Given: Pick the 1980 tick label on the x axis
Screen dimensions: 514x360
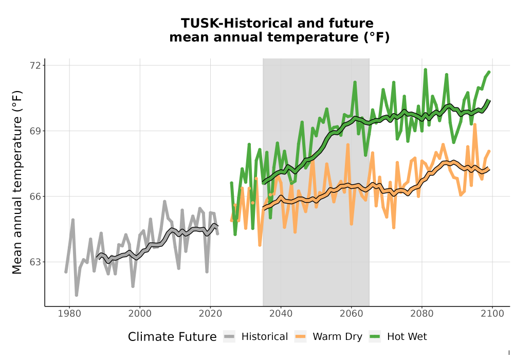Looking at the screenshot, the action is pos(69,314).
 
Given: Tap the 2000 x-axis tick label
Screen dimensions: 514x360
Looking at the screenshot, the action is pos(140,314).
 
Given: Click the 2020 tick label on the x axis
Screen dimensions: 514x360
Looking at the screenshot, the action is pos(210,314).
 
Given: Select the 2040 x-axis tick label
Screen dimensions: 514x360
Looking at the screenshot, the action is pos(281,314).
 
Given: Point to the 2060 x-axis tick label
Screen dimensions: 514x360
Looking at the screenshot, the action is pos(352,314).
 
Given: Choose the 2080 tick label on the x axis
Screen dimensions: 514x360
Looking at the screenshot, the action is pos(422,314).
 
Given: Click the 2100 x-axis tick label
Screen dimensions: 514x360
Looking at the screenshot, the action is pos(492,314).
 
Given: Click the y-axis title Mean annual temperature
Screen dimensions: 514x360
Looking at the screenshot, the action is pos(17,182).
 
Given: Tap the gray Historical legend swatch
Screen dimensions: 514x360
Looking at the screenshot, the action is pos(229,337).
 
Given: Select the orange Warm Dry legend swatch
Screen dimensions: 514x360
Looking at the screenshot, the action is pos(300,337).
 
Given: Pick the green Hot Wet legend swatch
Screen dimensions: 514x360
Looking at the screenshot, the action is pos(375,337).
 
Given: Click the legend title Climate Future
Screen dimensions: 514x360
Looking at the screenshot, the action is pos(172,337).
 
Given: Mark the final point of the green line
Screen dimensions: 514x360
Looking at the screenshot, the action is pos(489,72).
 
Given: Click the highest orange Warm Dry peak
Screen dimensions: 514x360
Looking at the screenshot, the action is pos(474,124).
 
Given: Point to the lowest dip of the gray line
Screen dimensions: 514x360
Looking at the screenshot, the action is pos(77,295).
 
